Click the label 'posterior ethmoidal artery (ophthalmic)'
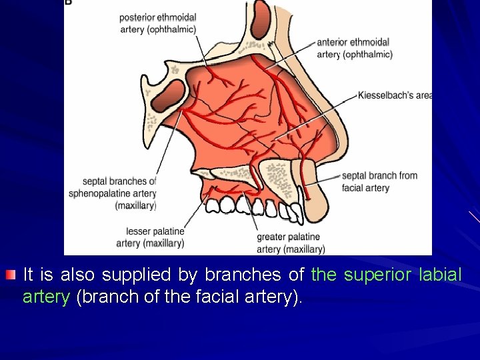click(x=158, y=23)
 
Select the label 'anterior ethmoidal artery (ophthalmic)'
click(x=353, y=48)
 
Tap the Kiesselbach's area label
click(x=395, y=95)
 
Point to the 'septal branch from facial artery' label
click(x=379, y=181)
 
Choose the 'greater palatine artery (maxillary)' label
click(x=291, y=243)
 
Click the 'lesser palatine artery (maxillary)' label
click(x=150, y=237)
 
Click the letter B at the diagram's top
click(x=68, y=3)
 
